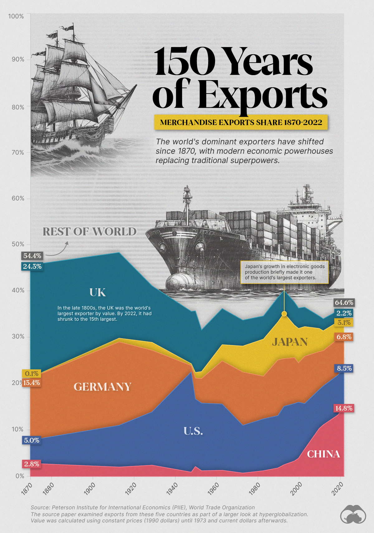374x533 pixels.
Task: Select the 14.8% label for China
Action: coord(344,408)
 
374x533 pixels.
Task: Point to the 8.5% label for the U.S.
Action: coord(344,368)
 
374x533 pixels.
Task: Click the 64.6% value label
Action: coord(344,302)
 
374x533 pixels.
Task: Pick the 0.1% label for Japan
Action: coord(32,373)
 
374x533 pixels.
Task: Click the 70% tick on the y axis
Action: coord(18,152)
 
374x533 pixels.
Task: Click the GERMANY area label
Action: coord(103,387)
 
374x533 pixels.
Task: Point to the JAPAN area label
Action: coord(290,342)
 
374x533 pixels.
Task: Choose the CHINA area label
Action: coord(324,454)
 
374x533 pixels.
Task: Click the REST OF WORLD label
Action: coord(89,232)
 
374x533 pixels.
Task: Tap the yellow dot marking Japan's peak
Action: coord(284,314)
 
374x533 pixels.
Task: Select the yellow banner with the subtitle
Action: coord(241,122)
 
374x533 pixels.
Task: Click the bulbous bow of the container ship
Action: coord(178,282)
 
